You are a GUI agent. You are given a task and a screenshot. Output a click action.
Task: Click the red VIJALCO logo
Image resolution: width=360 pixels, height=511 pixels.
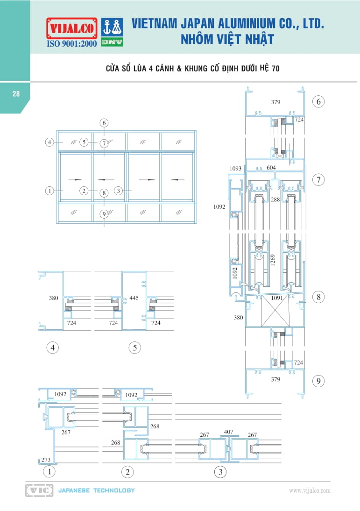pyautogui.click(x=71, y=28)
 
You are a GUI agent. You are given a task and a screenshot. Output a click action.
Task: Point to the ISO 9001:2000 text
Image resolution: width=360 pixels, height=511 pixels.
pyautogui.click(x=71, y=44)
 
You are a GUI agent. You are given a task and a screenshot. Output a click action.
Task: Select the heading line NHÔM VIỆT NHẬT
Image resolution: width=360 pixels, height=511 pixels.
pyautogui.click(x=227, y=39)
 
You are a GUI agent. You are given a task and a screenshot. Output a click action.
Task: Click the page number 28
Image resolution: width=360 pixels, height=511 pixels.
pyautogui.click(x=16, y=94)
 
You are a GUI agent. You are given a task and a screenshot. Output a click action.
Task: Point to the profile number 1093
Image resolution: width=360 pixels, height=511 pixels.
pyautogui.click(x=236, y=168)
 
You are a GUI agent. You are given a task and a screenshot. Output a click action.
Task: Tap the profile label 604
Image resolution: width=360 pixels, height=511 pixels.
pyautogui.click(x=271, y=168)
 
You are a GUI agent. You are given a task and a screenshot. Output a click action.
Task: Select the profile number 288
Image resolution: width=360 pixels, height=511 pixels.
pyautogui.click(x=275, y=199)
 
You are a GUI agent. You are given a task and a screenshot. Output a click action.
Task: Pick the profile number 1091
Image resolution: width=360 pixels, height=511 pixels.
pyautogui.click(x=277, y=297)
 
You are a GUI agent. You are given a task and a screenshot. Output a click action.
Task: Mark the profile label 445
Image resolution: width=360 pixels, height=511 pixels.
pyautogui.click(x=134, y=298)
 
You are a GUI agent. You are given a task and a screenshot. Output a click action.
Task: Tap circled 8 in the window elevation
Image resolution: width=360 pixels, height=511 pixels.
pyautogui.click(x=104, y=192)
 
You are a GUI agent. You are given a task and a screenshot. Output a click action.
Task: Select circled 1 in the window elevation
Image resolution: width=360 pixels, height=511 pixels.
pyautogui.click(x=49, y=190)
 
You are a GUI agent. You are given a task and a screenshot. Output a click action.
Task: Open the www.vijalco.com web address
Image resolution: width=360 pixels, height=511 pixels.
pyautogui.click(x=310, y=490)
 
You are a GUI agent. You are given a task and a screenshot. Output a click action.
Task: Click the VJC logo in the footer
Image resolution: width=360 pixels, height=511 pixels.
pyautogui.click(x=39, y=490)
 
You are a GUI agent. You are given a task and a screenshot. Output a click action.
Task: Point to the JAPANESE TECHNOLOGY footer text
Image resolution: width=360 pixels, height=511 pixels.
pyautogui.click(x=96, y=490)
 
